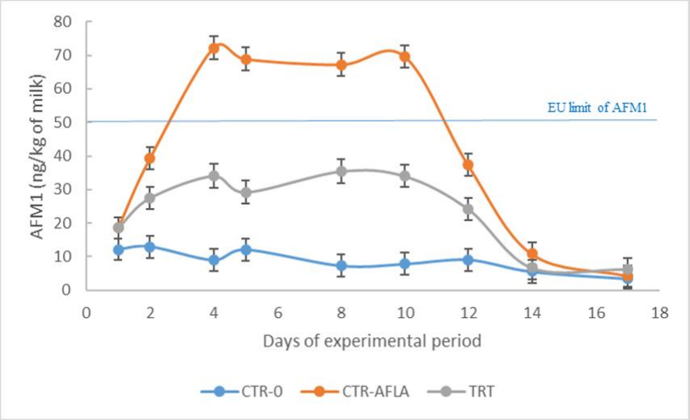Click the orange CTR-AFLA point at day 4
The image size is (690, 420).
pos(214,48)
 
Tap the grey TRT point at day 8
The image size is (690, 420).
pos(341,171)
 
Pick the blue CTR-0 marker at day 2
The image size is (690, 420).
pos(150,246)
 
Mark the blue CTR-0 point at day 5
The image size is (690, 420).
pos(245,249)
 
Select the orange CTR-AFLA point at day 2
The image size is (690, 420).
pos(150,159)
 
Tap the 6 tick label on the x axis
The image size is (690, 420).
pos(277,312)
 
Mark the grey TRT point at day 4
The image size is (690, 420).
pos(214,176)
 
